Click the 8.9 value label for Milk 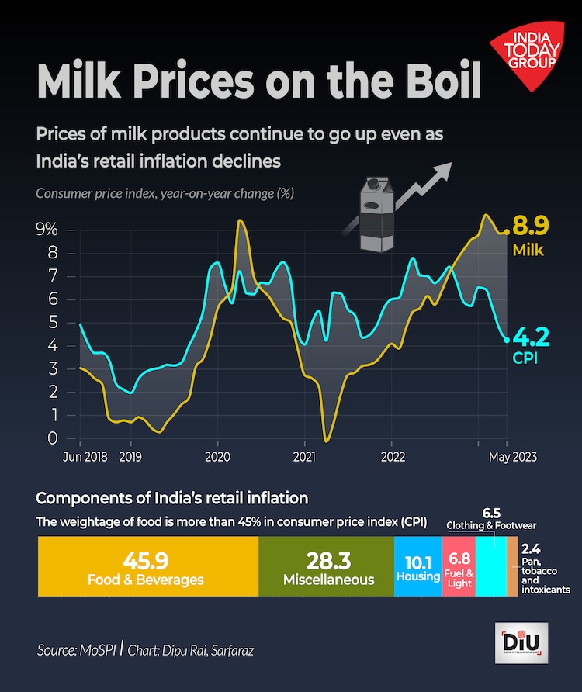530,227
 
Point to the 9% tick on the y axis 47,230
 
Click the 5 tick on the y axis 53,323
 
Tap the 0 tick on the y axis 53,438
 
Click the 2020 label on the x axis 217,457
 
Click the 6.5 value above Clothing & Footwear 492,514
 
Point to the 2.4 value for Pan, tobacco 532,548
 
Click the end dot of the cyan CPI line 508,339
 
